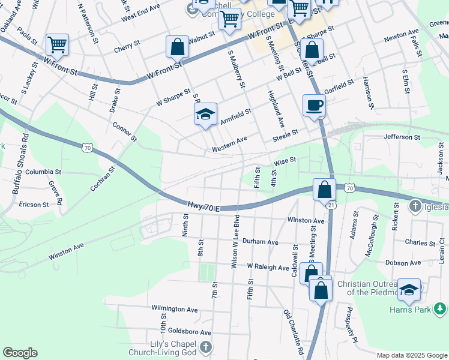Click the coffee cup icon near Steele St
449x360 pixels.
point(314,106)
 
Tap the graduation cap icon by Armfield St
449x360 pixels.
point(205,114)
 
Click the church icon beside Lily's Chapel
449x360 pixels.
point(205,347)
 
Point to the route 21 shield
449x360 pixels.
point(331,205)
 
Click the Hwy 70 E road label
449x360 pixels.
point(204,206)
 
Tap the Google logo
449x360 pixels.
point(20,353)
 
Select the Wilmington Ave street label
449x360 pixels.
point(175,309)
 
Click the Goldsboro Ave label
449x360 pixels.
point(190,332)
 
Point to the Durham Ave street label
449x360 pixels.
point(261,242)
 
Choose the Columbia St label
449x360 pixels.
point(43,172)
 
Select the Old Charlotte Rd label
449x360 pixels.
point(294,332)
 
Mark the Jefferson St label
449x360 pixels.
point(402,137)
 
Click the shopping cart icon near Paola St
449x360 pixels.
point(57,43)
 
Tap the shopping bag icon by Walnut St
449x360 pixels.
point(178,46)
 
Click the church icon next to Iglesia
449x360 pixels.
point(415,207)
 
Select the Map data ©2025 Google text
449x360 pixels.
point(412,355)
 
